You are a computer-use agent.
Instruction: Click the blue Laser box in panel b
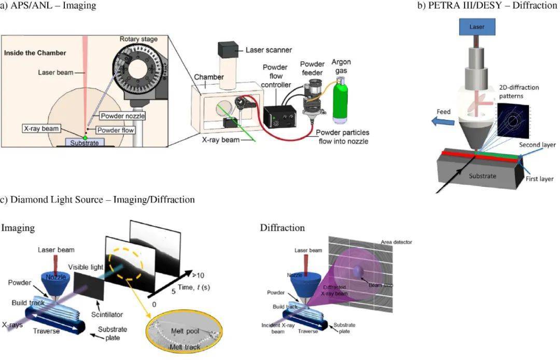point(477,26)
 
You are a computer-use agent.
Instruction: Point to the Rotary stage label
point(138,39)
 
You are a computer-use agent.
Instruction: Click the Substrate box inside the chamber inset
point(85,142)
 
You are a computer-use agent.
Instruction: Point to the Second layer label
point(538,145)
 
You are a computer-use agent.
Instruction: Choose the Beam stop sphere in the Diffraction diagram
point(359,271)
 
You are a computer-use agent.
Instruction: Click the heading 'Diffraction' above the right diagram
point(283,228)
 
